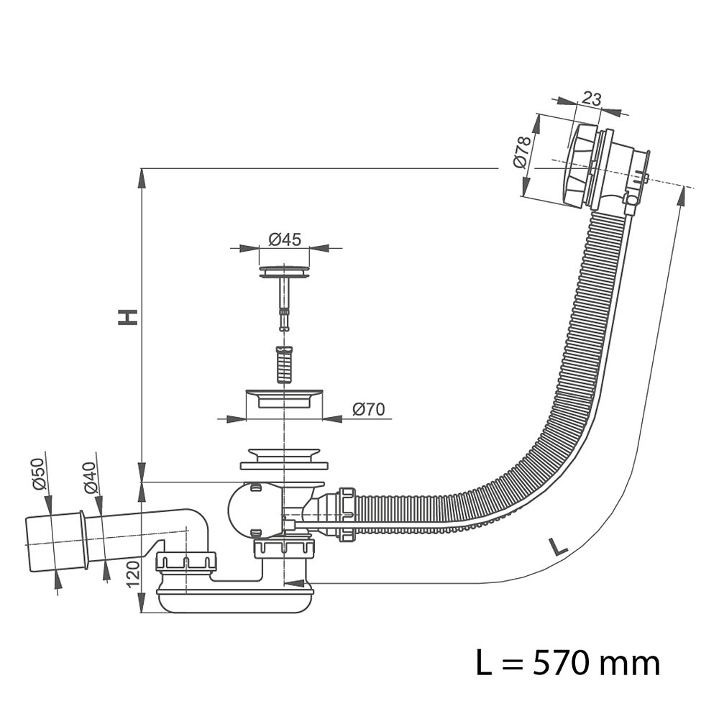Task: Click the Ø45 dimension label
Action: pos(285,240)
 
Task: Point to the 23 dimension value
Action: pos(592,99)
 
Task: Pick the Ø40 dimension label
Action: pos(89,477)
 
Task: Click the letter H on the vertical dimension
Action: pos(128,316)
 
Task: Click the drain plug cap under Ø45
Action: pos(285,272)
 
